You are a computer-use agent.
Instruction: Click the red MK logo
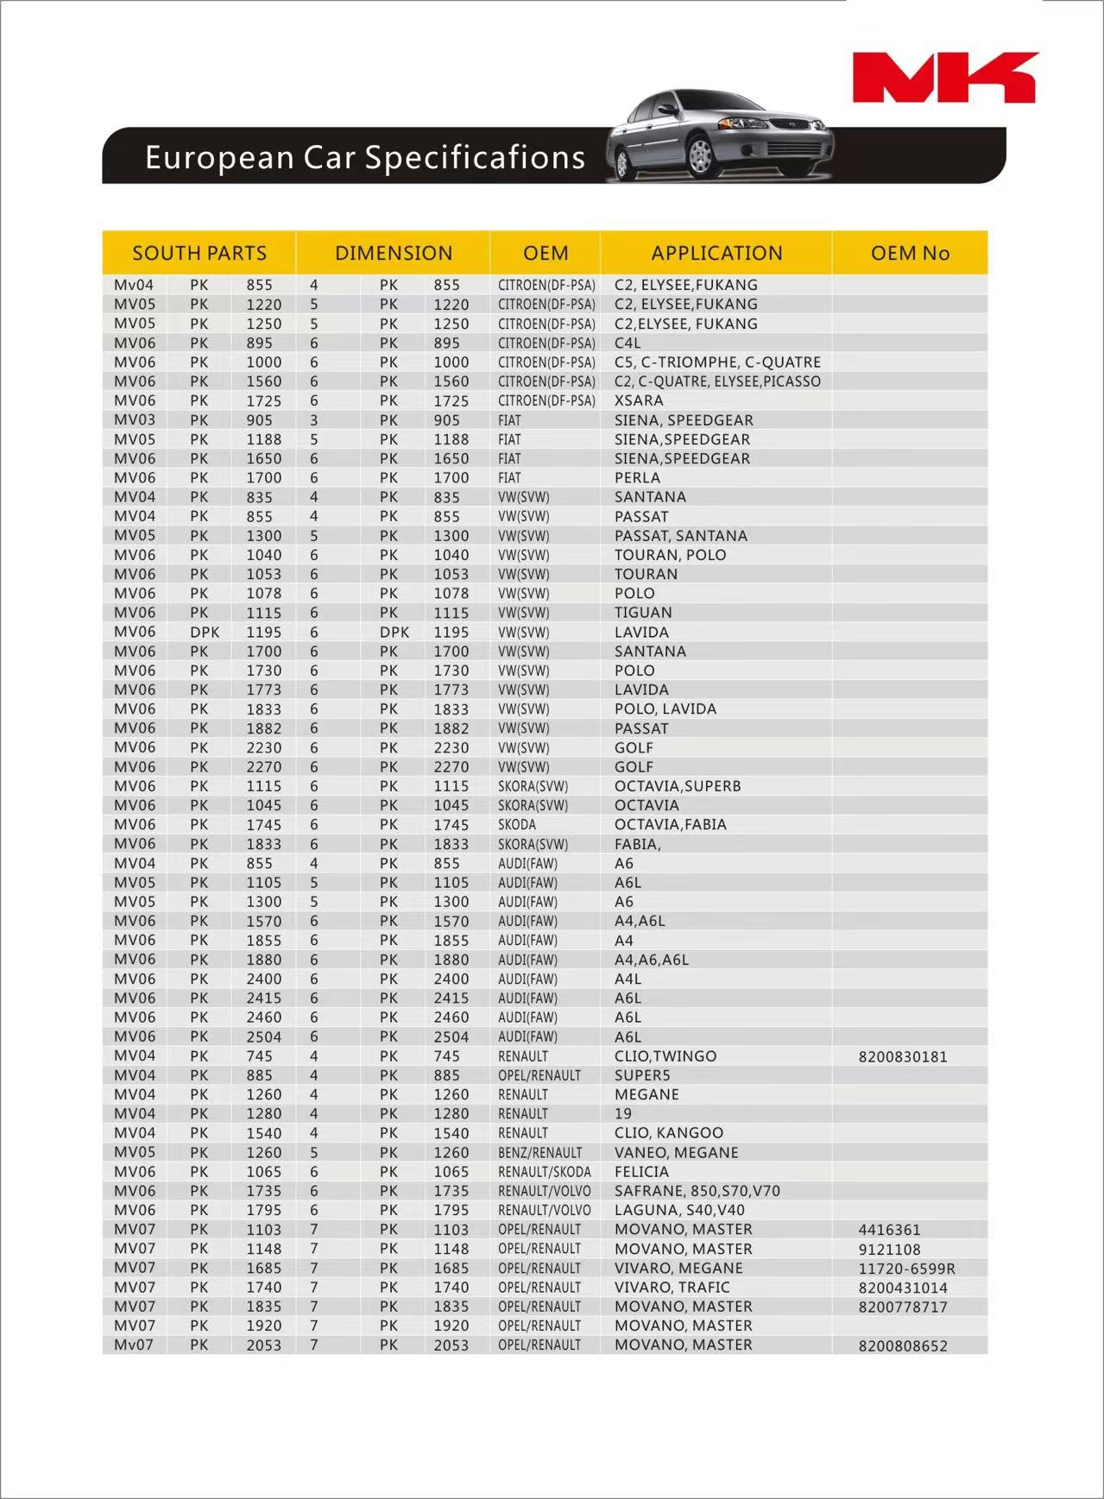click(x=945, y=77)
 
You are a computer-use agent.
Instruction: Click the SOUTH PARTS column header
click(x=199, y=253)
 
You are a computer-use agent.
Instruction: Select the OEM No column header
click(x=910, y=253)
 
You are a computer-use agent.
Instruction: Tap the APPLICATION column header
click(x=716, y=253)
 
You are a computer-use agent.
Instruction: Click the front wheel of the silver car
click(x=701, y=156)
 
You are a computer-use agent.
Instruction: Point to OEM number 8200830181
click(x=902, y=1056)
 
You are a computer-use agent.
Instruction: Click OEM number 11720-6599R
click(x=906, y=1269)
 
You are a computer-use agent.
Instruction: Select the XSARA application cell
click(x=639, y=400)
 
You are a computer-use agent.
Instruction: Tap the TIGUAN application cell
click(x=643, y=613)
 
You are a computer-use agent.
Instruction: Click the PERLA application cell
click(x=637, y=477)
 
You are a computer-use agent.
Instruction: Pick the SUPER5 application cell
click(x=642, y=1075)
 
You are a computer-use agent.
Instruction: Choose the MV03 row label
click(x=135, y=420)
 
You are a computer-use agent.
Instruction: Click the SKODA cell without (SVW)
click(x=517, y=824)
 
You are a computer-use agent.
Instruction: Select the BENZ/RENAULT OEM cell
click(x=539, y=1153)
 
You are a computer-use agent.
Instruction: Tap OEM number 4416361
click(x=889, y=1230)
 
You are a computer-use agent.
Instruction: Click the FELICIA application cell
click(x=641, y=1172)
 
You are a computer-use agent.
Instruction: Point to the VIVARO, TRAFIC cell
click(x=672, y=1288)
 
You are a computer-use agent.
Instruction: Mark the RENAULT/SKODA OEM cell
click(x=544, y=1172)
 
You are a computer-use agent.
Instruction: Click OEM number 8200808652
click(x=902, y=1345)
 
